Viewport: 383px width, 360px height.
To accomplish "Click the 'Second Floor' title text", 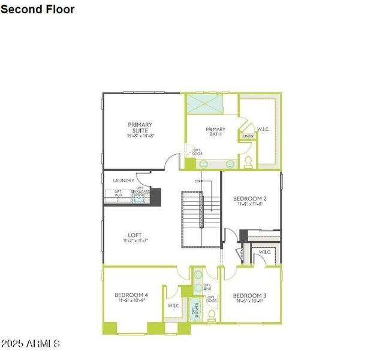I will tap(38, 9).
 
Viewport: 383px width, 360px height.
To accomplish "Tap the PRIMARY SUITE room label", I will tap(140, 128).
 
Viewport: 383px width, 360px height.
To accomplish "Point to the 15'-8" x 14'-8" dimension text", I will tap(140, 136).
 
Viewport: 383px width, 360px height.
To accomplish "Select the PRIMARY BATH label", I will tap(215, 132).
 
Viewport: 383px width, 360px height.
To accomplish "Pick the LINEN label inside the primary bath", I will tap(248, 136).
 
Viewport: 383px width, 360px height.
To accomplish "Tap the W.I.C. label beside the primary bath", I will tap(263, 128).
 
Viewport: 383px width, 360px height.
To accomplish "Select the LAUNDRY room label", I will tap(123, 180).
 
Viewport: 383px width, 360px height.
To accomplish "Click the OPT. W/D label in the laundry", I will tap(118, 194).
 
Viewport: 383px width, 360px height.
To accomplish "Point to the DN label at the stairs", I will tap(198, 181).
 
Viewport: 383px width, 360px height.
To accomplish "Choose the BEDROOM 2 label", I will tap(249, 199).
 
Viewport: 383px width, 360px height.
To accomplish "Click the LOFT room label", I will tap(135, 235).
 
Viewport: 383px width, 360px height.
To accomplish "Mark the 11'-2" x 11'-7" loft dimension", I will tap(135, 241).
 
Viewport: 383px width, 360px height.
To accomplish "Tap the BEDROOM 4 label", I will tap(131, 295).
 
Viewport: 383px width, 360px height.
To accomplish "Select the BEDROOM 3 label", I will tap(249, 295).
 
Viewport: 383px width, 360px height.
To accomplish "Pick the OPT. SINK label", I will tap(207, 287).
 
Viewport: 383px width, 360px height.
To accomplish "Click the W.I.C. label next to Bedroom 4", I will tap(174, 306).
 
